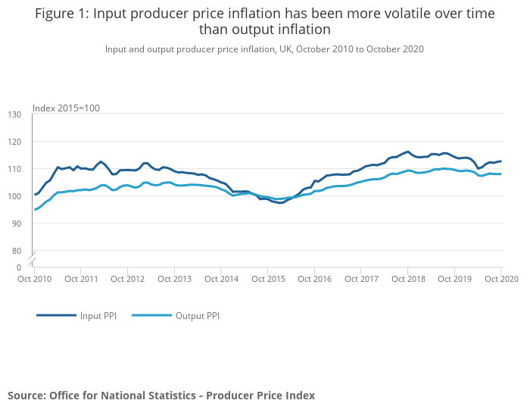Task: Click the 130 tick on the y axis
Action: (14, 114)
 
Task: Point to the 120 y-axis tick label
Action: (14, 142)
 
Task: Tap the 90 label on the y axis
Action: (17, 224)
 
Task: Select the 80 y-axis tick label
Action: (17, 251)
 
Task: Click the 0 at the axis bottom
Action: (19, 267)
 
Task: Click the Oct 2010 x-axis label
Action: (34, 279)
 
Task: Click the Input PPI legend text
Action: (97, 315)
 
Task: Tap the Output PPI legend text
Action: (198, 315)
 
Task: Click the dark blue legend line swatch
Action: (56, 315)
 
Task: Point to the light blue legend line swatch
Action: (151, 315)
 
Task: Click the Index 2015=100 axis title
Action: (66, 108)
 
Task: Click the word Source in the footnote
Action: (26, 396)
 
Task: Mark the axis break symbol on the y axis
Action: (33, 258)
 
